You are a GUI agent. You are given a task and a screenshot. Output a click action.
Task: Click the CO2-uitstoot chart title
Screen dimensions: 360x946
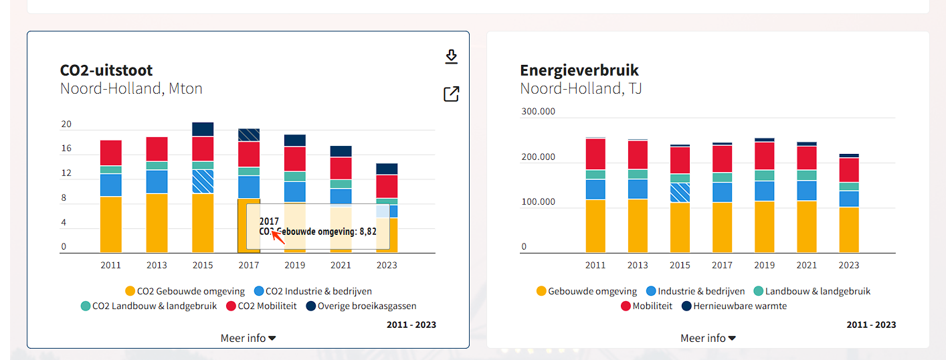(106, 70)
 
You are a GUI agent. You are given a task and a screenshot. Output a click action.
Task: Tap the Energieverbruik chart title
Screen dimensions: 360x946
(579, 70)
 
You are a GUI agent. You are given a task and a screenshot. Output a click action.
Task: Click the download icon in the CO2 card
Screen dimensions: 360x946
(452, 57)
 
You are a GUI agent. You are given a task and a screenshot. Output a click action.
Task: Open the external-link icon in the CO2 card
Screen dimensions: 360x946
(452, 94)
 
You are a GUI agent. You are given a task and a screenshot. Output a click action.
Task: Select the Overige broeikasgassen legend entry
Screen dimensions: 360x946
(361, 306)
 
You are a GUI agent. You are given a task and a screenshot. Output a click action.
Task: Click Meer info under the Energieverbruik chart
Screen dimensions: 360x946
(708, 338)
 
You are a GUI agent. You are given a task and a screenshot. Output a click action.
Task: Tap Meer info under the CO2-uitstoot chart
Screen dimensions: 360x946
(248, 338)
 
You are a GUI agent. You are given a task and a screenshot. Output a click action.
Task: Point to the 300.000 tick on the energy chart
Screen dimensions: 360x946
(538, 111)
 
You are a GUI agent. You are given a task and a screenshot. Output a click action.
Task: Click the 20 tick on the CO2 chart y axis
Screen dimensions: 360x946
(66, 124)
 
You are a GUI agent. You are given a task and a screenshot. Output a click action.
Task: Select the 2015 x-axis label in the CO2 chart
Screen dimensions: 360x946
(203, 265)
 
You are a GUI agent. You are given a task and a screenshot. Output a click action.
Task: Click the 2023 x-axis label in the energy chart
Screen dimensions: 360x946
(849, 265)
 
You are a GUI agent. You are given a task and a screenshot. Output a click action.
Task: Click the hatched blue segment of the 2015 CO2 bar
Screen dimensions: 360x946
(203, 181)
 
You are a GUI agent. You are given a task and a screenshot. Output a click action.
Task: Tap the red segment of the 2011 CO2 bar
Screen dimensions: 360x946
(111, 153)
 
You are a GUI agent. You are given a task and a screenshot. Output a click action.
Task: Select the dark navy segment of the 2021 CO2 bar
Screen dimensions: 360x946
(341, 151)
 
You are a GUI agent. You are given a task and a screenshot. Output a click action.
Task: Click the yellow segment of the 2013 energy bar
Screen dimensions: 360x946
(638, 226)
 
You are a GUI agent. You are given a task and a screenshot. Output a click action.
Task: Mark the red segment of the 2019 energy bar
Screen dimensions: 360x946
(765, 155)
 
